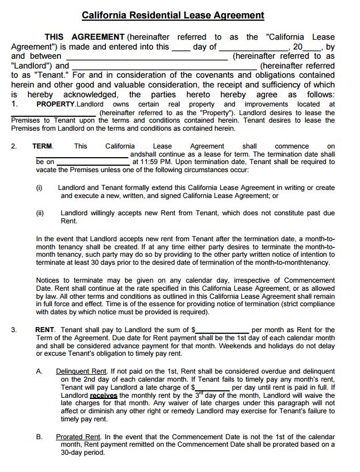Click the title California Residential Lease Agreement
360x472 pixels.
click(x=173, y=16)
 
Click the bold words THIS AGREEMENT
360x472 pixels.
click(x=84, y=37)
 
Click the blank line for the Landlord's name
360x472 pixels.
click(x=147, y=58)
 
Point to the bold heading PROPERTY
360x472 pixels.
click(x=55, y=104)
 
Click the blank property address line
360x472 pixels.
click(x=55, y=114)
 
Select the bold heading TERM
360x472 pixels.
click(x=43, y=146)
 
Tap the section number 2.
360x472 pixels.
click(x=14, y=146)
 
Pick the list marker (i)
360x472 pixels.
click(x=39, y=188)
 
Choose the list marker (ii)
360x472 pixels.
click(x=40, y=213)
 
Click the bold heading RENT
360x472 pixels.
click(x=45, y=330)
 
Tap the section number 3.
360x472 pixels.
click(x=14, y=330)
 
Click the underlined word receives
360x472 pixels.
click(x=104, y=396)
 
